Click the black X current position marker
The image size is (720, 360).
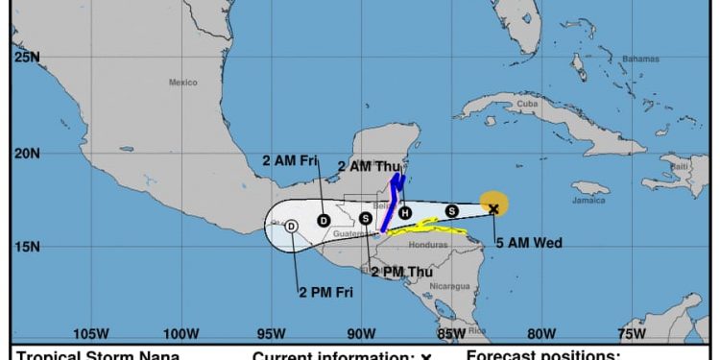click(x=493, y=208)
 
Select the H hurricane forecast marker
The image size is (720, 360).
click(x=405, y=212)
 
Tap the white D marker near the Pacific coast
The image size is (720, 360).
click(x=293, y=226)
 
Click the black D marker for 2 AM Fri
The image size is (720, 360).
click(x=324, y=220)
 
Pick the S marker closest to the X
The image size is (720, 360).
click(x=451, y=210)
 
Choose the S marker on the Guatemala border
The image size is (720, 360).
click(x=366, y=218)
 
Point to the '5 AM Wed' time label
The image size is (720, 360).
click(x=528, y=242)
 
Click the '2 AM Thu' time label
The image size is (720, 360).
click(x=367, y=166)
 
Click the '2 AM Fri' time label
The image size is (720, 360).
click(x=290, y=159)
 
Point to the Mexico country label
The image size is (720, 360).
click(x=182, y=83)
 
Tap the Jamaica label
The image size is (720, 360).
click(x=588, y=200)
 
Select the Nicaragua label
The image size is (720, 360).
click(x=450, y=286)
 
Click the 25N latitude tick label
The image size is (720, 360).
click(x=27, y=58)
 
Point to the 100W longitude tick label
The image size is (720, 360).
click(x=180, y=333)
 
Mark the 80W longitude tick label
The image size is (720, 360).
click(x=541, y=333)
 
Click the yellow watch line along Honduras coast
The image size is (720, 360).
click(x=427, y=228)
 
